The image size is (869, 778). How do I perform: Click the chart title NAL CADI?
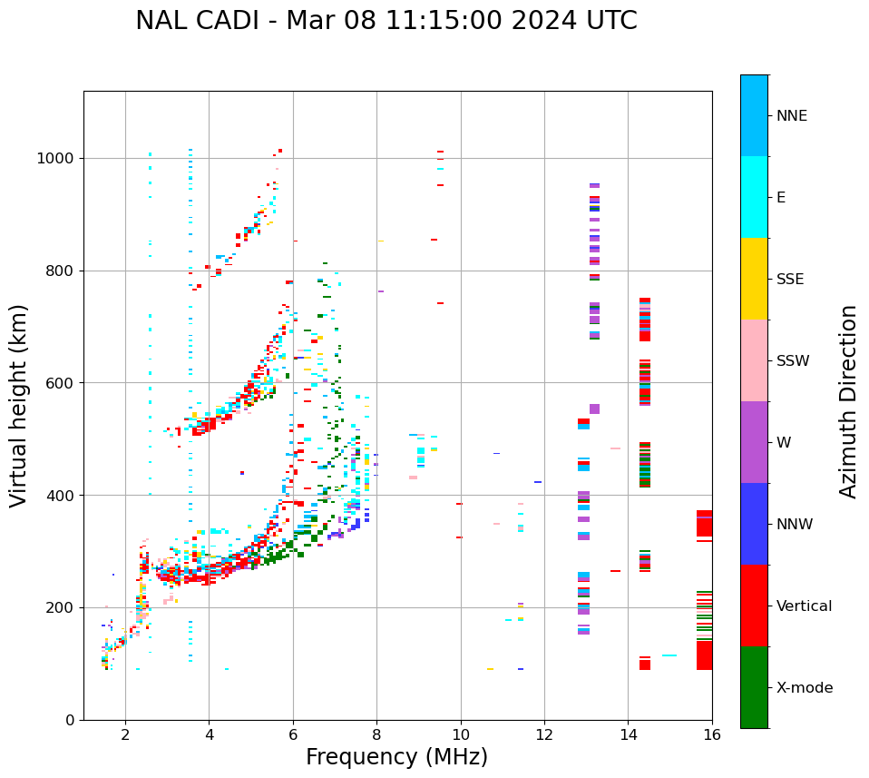pyautogui.click(x=386, y=21)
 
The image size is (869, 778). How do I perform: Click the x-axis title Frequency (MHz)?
pyautogui.click(x=396, y=757)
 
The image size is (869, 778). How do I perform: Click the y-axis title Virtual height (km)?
pyautogui.click(x=19, y=406)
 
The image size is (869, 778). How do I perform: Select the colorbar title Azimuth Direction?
pyautogui.click(x=848, y=401)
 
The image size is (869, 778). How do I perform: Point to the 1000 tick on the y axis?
pyautogui.click(x=61, y=158)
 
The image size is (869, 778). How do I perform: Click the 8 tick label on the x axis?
pyautogui.click(x=377, y=734)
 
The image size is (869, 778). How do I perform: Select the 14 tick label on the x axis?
pyautogui.click(x=629, y=734)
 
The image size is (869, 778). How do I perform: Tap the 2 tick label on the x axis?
pyautogui.click(x=125, y=734)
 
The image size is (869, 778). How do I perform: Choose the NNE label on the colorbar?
pyautogui.click(x=792, y=116)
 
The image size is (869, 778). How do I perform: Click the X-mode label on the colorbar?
pyautogui.click(x=805, y=688)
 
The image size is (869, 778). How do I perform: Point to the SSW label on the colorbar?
pyautogui.click(x=793, y=361)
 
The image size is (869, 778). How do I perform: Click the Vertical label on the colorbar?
pyautogui.click(x=804, y=606)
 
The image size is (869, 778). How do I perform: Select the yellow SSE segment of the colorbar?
pyautogui.click(x=754, y=279)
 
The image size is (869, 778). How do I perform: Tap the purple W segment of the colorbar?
pyautogui.click(x=754, y=442)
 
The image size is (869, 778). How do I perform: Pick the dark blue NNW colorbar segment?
pyautogui.click(x=754, y=524)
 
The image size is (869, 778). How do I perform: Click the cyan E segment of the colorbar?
pyautogui.click(x=754, y=197)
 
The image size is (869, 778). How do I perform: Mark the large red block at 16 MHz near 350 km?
pyautogui.click(x=704, y=524)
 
